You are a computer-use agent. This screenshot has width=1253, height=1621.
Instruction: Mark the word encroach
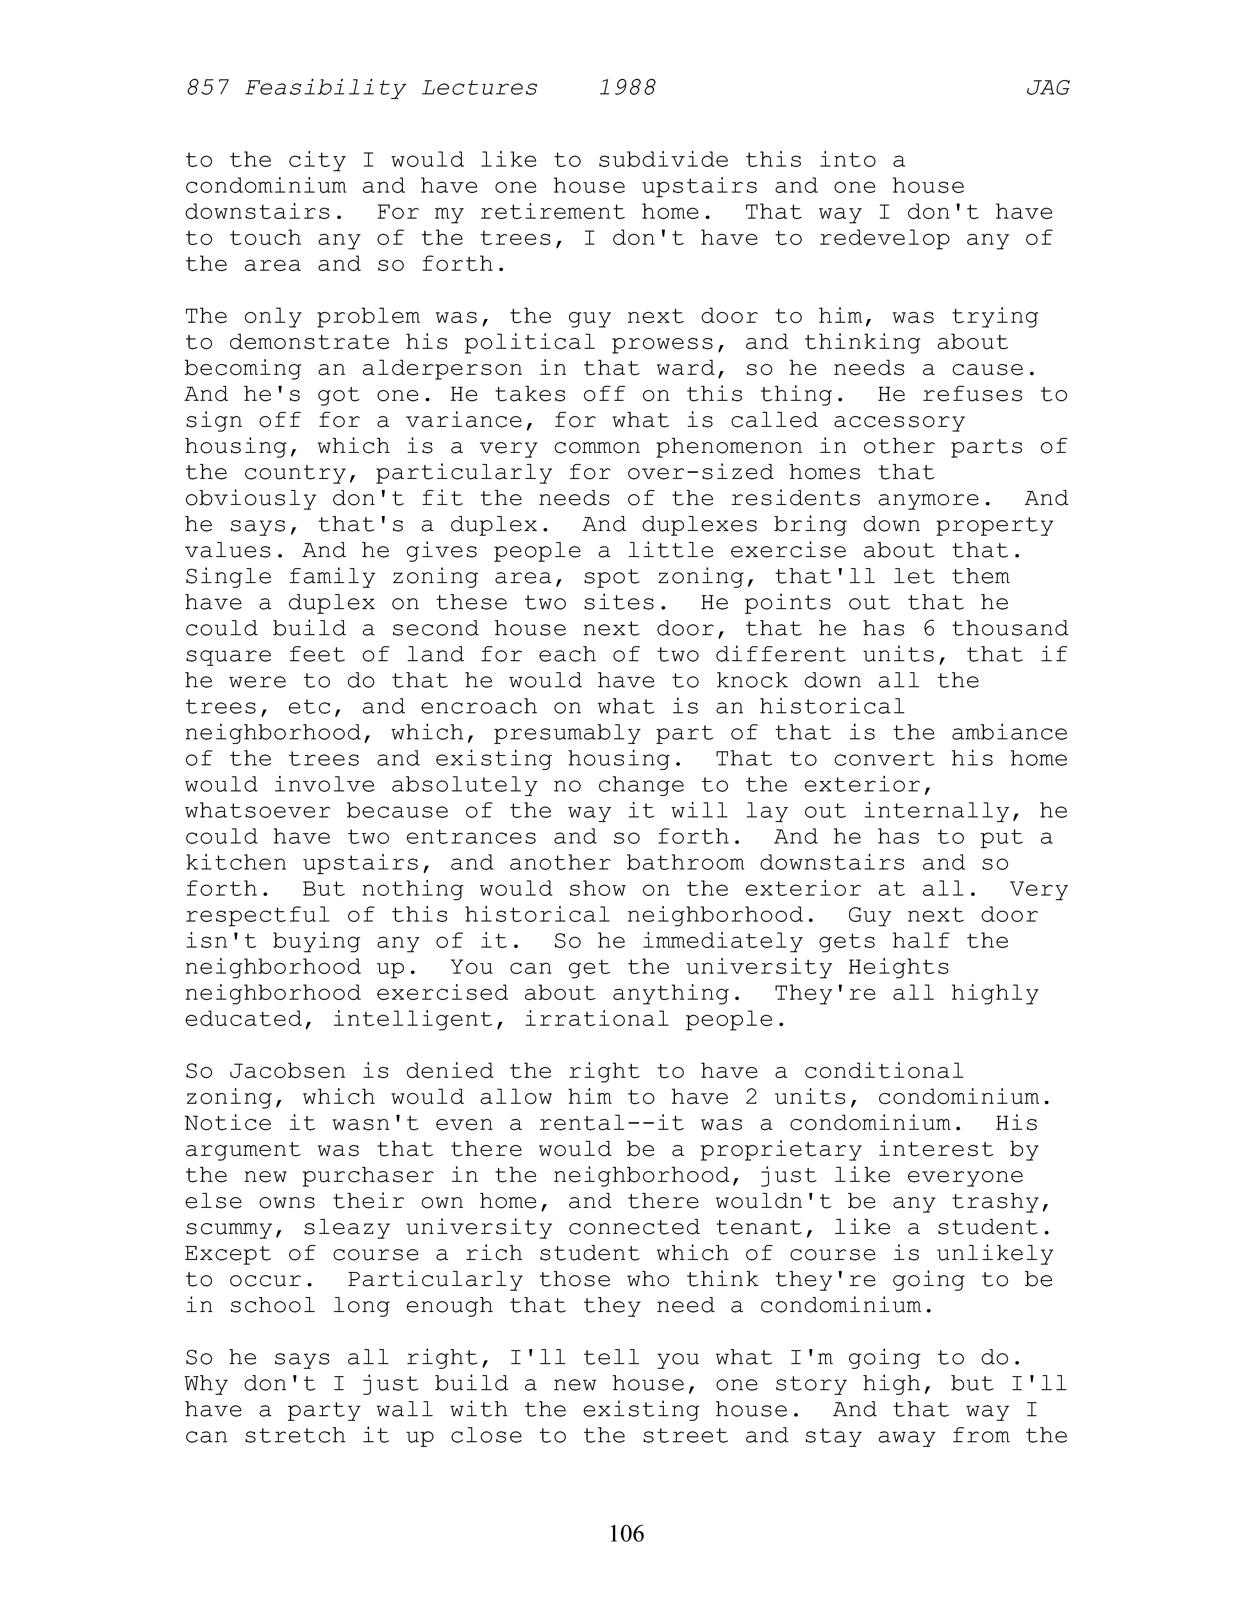coord(501,707)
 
